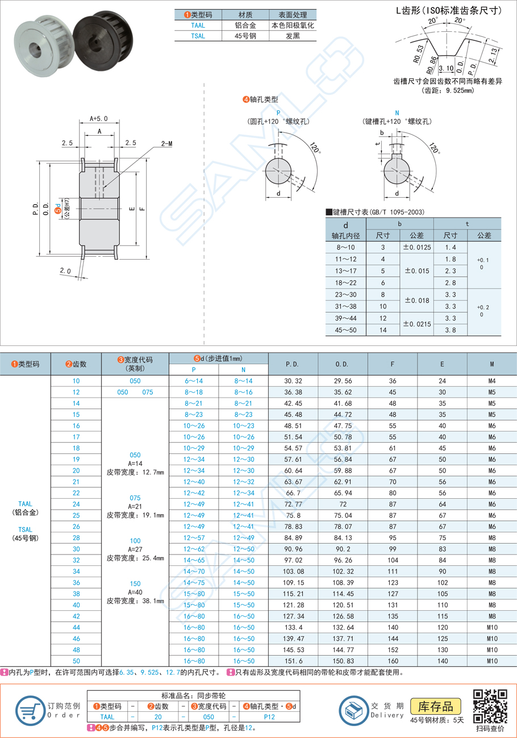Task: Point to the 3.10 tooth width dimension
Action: (447, 69)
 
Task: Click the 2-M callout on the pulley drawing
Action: (166, 144)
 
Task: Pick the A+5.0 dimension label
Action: (99, 119)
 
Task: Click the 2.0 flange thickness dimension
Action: (66, 272)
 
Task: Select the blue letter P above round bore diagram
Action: (278, 112)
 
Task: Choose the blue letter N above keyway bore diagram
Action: (397, 112)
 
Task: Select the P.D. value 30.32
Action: (293, 381)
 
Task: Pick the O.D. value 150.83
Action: (343, 661)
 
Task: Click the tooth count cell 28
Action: (76, 537)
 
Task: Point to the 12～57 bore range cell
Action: (194, 537)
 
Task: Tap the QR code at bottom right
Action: (489, 704)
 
